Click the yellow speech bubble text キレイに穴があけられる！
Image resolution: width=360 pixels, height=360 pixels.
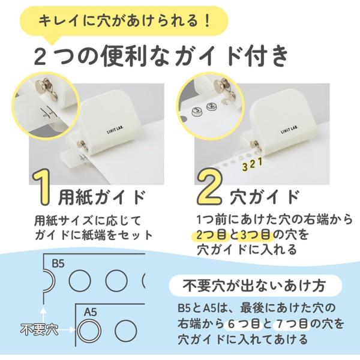coord(124,21)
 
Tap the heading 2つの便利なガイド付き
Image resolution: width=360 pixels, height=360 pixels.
coord(161,56)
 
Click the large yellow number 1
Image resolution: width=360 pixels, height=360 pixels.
coord(42,187)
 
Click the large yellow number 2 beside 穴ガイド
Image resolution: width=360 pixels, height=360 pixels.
coord(210,187)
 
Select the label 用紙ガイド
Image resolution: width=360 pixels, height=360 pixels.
coord(102,197)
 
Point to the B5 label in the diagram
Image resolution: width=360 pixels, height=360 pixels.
coord(58,263)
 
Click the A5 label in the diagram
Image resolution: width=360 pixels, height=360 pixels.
coord(90,313)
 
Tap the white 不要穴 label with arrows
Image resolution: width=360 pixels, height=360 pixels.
coord(39,329)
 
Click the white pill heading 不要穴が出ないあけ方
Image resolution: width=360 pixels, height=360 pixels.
coord(254,286)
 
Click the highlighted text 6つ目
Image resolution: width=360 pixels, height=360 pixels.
coord(244,324)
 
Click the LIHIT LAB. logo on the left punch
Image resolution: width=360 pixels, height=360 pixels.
coord(115,130)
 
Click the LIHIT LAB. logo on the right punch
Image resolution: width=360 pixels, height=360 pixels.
coord(289,130)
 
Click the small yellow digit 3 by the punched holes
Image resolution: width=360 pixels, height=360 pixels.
coord(245,167)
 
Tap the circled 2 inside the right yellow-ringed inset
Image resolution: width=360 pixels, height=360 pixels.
coord(211,106)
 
